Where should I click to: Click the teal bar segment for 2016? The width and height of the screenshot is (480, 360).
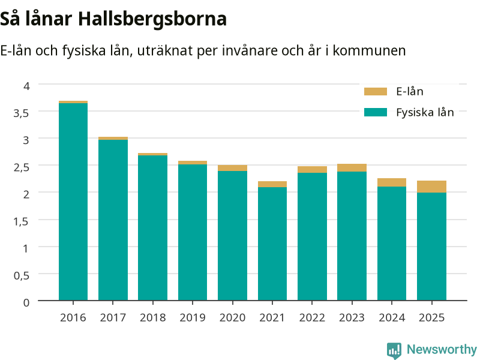73,202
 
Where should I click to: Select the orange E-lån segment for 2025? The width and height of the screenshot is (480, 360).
431,187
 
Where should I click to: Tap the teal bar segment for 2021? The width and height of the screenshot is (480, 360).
272,244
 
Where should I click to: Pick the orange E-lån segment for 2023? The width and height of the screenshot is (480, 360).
352,168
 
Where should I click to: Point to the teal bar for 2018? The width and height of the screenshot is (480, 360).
153,228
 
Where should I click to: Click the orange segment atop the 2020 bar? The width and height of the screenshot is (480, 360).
233,168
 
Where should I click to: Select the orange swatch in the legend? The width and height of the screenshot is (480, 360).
376,92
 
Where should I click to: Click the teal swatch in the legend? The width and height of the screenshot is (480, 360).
376,112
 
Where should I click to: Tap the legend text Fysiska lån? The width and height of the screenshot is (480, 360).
425,112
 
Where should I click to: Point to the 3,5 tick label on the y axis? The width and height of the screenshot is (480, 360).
21,113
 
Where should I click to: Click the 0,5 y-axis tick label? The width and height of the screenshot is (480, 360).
21,275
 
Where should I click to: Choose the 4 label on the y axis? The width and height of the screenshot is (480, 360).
26,86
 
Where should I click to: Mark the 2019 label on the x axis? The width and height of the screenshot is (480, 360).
193,317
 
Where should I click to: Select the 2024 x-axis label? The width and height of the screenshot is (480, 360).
392,317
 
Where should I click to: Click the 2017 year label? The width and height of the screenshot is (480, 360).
113,317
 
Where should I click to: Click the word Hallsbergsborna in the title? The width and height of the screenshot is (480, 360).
152,19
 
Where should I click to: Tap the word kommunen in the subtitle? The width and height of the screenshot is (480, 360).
369,50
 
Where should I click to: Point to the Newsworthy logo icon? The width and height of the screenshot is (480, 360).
394,350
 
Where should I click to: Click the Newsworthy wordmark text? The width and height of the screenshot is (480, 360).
442,349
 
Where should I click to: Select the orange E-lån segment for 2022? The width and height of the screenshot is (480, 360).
312,170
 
